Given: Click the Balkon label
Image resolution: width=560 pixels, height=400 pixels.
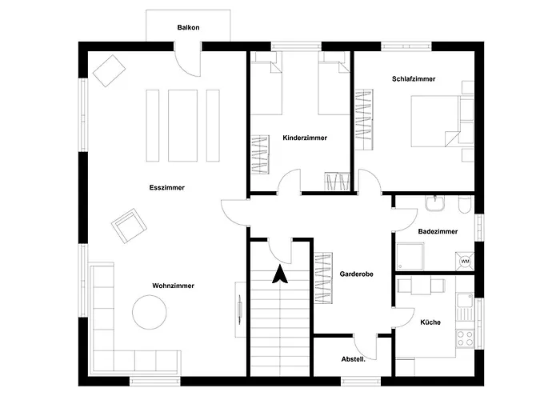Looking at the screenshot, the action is click(188, 27).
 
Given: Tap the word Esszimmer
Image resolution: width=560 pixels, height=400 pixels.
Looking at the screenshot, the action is click(166, 187).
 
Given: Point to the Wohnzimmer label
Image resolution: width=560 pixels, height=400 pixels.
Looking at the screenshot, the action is click(174, 286).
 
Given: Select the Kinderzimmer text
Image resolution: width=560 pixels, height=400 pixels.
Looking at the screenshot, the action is click(305, 138).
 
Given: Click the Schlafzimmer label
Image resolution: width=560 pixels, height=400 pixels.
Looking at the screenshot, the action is click(414, 79).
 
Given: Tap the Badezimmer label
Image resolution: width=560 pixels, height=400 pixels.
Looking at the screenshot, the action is click(438, 231).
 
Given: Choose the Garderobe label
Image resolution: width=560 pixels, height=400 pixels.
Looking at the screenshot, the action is click(357, 274).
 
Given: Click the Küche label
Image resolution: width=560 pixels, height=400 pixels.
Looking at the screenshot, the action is click(430, 322).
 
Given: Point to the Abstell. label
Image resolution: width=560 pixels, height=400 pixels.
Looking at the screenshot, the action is click(354, 359).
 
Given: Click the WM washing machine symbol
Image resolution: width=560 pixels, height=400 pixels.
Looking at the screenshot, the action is click(465, 262).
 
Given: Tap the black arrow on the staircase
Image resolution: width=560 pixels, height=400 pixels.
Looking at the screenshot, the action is click(280, 274).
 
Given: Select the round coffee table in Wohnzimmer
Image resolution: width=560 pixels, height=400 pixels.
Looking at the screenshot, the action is click(150, 312).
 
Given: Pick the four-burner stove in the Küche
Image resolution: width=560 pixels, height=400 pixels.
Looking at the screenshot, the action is click(465, 338).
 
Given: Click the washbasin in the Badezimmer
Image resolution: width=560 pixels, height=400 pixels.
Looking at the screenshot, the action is click(435, 203).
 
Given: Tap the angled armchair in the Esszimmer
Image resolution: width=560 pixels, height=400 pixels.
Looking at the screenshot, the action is click(129, 226).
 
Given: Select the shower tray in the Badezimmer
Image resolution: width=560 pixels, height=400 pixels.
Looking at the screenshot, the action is click(410, 257).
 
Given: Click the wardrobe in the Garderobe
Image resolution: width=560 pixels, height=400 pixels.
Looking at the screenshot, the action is click(323, 278).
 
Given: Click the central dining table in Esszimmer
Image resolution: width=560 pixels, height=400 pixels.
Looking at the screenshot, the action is click(183, 126).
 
